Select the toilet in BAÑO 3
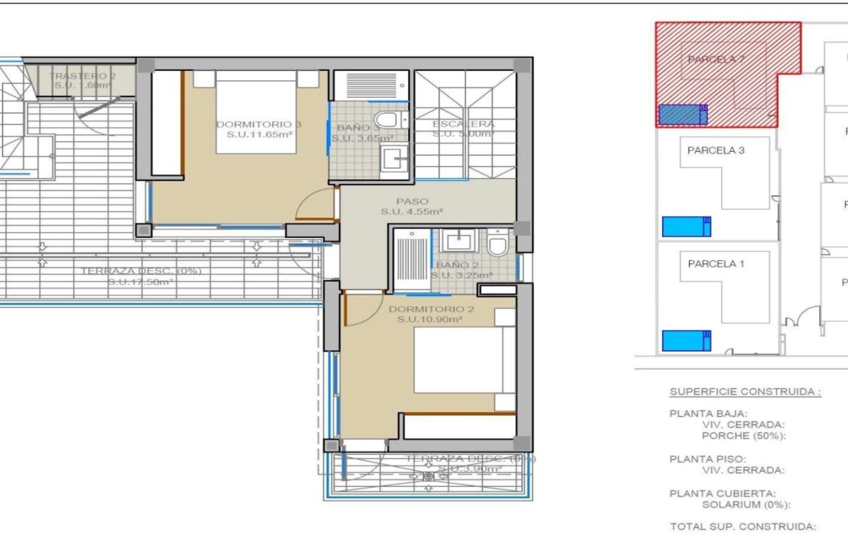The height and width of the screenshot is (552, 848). tap(390, 120)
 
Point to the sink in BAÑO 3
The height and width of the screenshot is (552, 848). tap(394, 158)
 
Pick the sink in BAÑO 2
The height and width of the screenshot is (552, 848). tap(457, 240)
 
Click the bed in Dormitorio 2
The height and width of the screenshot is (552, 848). tap(463, 360)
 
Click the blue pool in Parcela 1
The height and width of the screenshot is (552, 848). tap(686, 340)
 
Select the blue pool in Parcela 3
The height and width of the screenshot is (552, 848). tap(686, 226)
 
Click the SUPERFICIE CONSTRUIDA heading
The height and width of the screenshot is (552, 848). tap(745, 392)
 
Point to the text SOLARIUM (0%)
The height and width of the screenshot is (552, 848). tap(745, 505)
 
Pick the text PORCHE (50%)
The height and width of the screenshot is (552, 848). tap(743, 435)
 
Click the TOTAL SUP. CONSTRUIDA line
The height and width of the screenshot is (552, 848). tap(742, 526)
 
